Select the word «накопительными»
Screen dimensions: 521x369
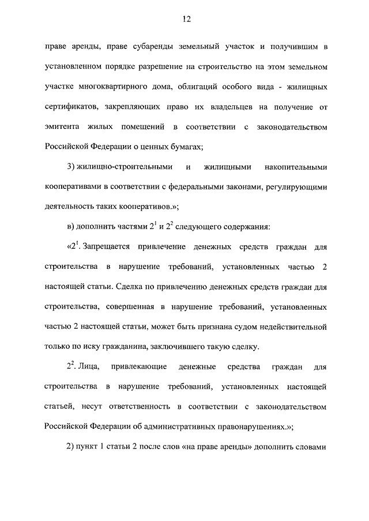coord(296,167)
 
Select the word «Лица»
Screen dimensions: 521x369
coord(92,367)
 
